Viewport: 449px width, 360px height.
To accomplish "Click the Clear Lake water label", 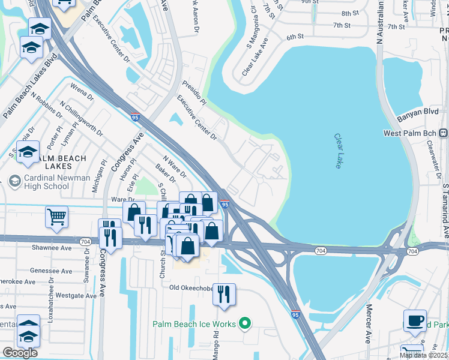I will click(338, 151).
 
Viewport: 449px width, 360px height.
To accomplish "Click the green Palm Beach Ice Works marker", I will click(244, 324).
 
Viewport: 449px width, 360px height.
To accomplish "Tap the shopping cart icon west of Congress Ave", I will click(56, 217).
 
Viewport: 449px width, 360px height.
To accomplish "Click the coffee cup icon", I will click(414, 320).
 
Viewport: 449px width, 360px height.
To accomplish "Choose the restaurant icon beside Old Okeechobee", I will click(224, 295).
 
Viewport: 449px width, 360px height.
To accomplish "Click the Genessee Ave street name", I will click(51, 271).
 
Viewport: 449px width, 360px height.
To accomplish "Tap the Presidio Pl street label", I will click(194, 92).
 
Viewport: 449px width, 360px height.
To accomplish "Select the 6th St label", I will click(295, 37).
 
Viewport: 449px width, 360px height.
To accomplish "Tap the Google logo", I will click(20, 353).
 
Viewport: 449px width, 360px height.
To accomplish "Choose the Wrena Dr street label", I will click(82, 95).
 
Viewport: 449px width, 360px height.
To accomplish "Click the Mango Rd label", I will click(215, 348).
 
